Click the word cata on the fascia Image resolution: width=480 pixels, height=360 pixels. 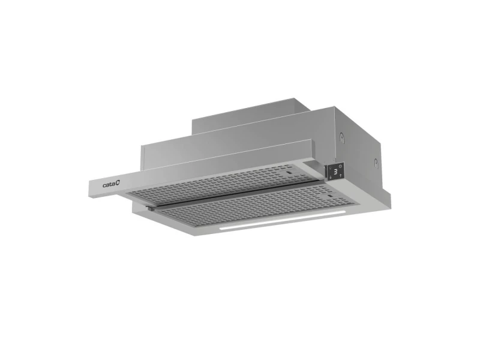(x=109, y=185)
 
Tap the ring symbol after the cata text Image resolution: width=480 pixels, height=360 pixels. (x=118, y=183)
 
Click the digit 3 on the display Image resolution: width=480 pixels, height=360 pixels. (x=335, y=172)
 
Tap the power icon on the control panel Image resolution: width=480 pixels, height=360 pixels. (x=340, y=166)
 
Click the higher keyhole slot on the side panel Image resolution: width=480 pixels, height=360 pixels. (x=341, y=137)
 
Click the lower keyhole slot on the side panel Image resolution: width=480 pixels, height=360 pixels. (x=376, y=163)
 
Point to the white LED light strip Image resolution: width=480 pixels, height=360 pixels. (x=282, y=220)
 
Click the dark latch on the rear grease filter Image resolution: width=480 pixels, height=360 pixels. (x=289, y=173)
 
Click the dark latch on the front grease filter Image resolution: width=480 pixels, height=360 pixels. (x=329, y=196)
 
